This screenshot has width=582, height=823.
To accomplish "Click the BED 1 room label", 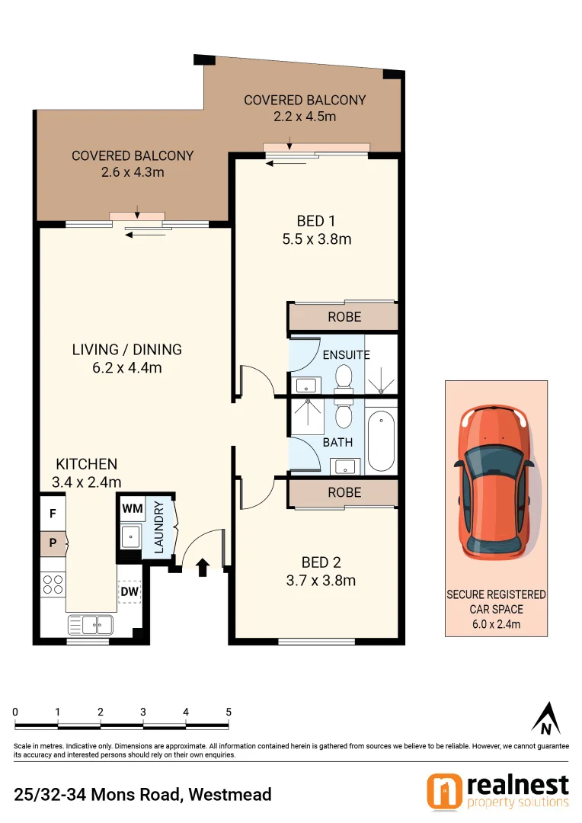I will (316, 221).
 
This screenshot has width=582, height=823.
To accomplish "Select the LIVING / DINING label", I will (127, 350).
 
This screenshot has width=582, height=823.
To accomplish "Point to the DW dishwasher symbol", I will (129, 591).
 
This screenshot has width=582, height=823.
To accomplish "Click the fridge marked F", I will (53, 514).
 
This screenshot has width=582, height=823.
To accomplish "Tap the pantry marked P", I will (53, 544).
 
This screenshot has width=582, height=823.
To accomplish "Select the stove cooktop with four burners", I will (53, 584).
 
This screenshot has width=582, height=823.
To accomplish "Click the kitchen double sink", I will (90, 625).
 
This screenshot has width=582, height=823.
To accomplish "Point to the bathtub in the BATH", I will (380, 443).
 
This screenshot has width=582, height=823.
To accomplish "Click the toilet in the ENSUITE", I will (344, 378).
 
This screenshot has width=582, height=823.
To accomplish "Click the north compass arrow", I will (545, 718).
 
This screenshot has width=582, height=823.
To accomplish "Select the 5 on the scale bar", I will (228, 712).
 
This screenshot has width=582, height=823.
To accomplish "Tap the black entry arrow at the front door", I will (203, 567).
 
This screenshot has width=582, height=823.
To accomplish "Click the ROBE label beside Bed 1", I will (344, 317).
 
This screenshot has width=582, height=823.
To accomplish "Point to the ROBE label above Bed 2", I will (344, 493).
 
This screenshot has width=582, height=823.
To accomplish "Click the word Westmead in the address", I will (230, 795).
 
